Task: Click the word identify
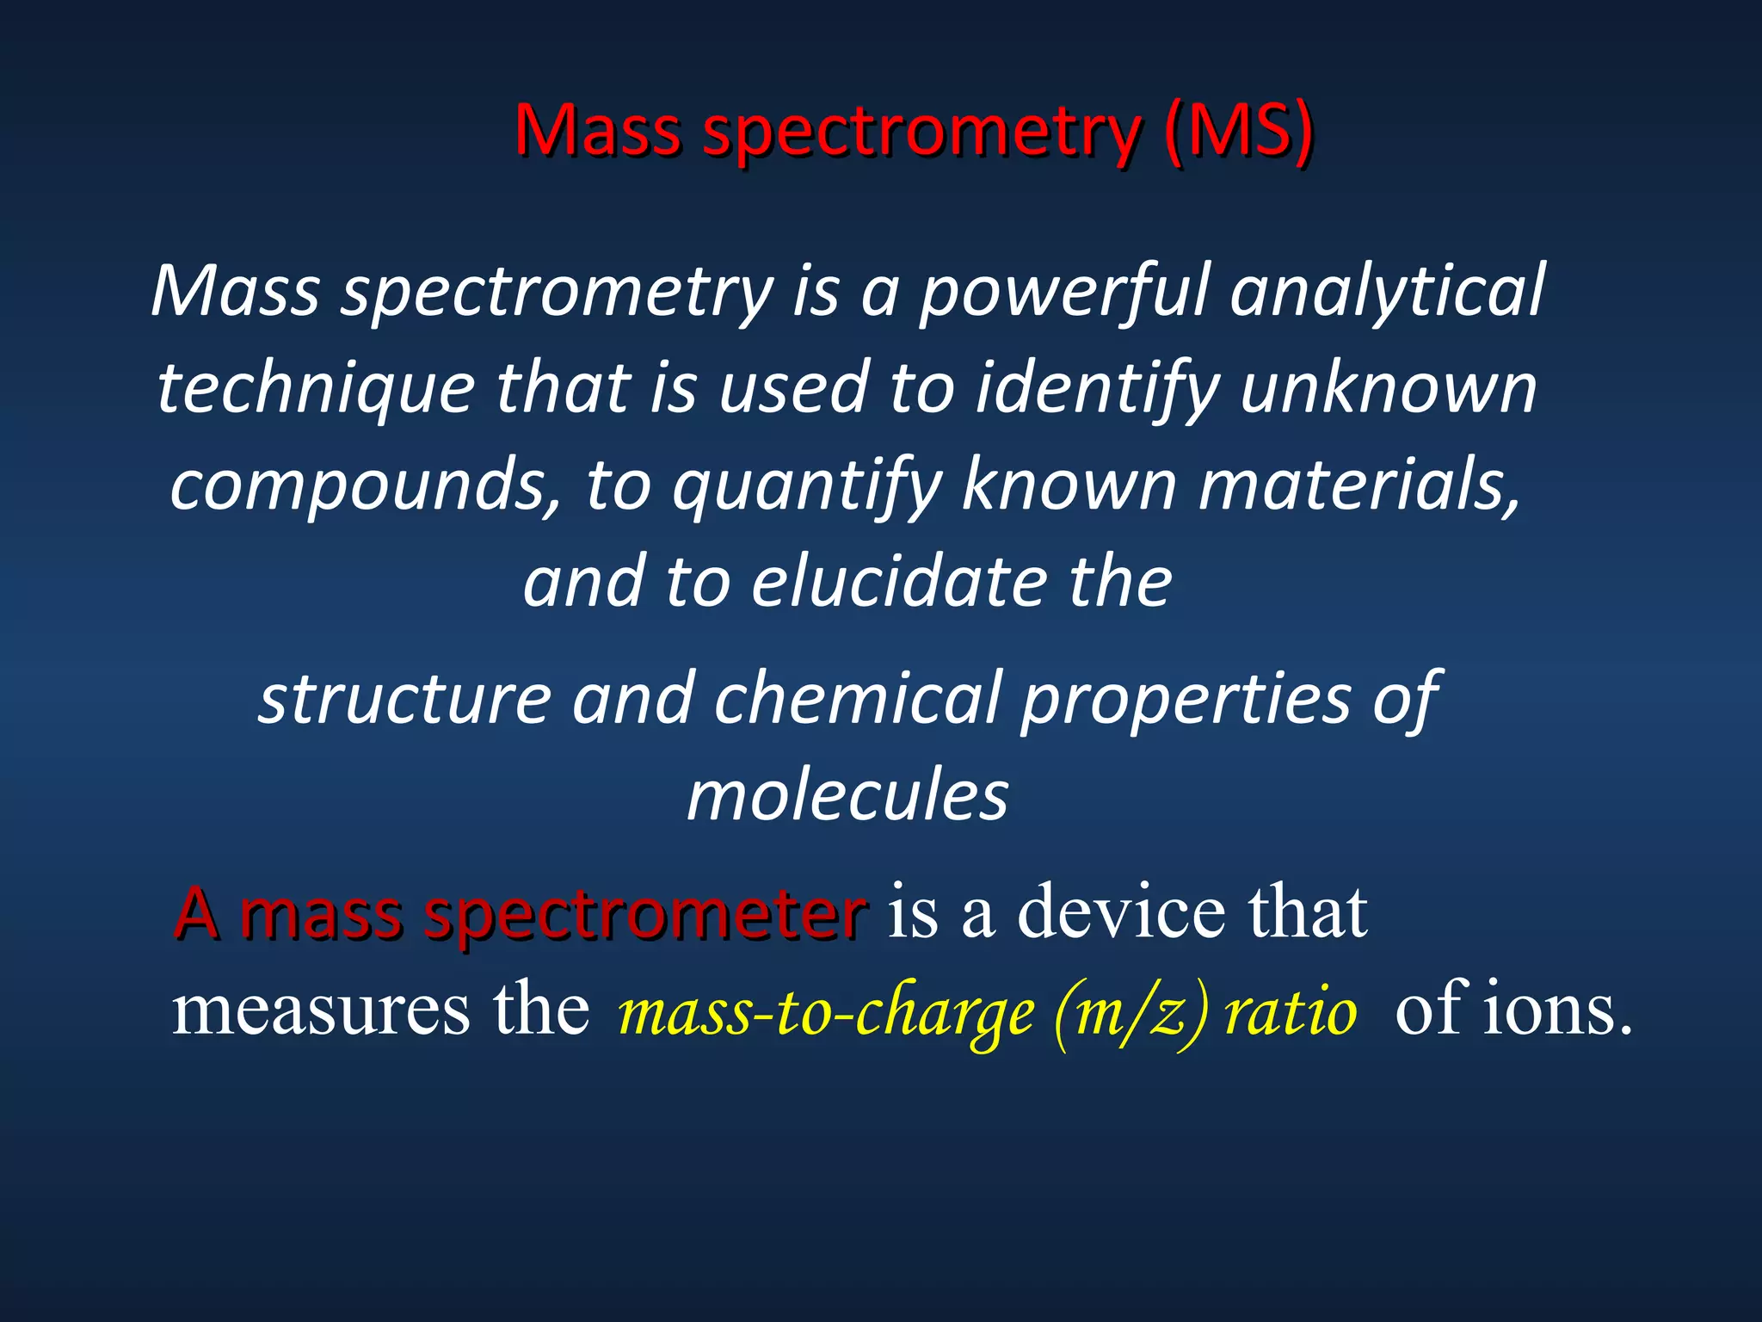pos(1096,389)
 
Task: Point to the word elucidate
pos(899,583)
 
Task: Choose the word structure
pos(405,698)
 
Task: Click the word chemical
pos(856,698)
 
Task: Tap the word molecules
pos(847,795)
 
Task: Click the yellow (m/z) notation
pos(1131,1014)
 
